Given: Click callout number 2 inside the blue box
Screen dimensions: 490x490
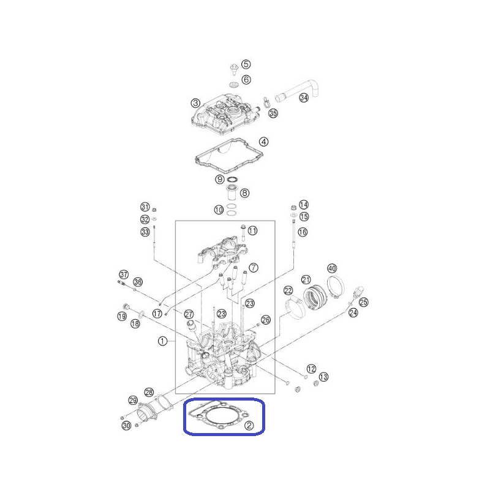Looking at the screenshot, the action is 249,425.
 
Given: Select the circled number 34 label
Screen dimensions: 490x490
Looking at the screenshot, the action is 304,98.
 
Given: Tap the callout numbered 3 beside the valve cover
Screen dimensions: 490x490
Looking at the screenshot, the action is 195,103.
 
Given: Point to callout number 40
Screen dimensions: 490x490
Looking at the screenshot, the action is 332,268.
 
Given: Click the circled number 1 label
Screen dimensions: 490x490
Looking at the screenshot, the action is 162,341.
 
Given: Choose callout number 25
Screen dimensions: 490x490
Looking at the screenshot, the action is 364,302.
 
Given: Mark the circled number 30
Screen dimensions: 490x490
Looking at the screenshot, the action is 126,425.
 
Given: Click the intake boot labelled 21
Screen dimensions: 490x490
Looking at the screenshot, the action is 315,296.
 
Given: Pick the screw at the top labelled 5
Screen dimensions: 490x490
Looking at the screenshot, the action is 234,69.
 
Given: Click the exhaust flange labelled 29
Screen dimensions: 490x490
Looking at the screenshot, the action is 147,412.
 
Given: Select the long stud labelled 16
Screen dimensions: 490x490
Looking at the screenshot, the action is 294,235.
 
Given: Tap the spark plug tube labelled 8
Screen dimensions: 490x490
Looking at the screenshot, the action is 232,192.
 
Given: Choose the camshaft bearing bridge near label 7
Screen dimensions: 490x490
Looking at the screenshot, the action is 222,251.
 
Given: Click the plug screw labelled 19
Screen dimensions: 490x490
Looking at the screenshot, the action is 126,306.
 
